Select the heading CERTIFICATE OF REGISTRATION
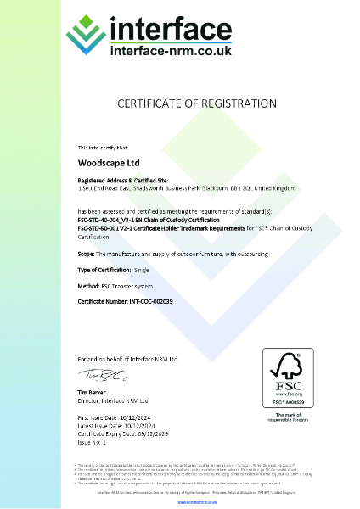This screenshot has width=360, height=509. pos(180,104)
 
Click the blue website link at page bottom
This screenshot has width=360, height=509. pos(180,502)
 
